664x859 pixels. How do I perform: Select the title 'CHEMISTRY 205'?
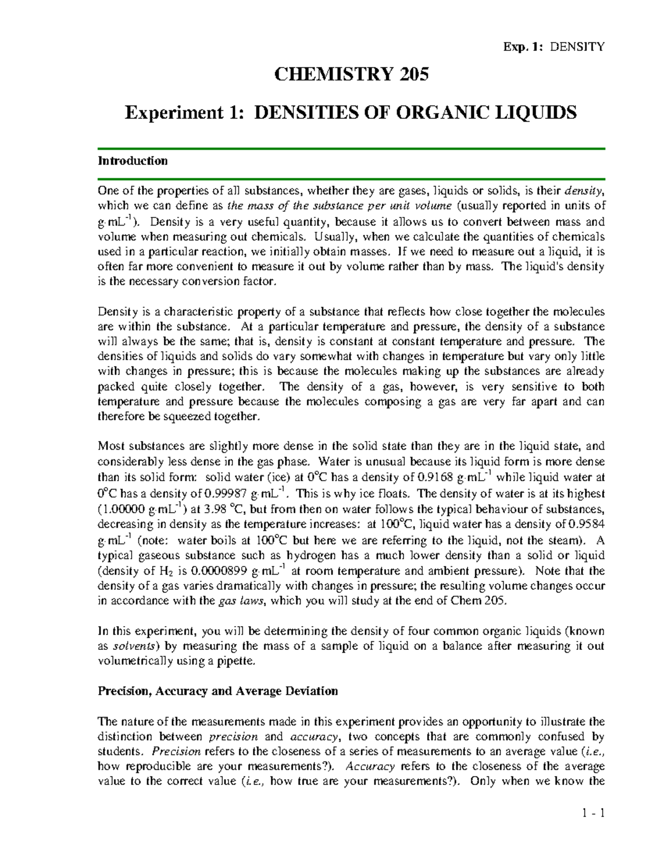[x=351, y=74]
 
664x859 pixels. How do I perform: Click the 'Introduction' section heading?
[x=132, y=161]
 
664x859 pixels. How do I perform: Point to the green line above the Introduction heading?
[x=351, y=149]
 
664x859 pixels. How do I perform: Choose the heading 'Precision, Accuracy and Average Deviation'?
[x=217, y=691]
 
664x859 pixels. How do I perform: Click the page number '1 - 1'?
[x=593, y=813]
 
